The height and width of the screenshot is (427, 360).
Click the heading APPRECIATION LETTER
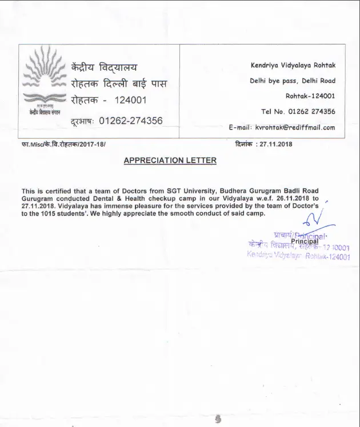point(170,160)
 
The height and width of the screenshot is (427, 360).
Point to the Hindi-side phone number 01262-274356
point(131,120)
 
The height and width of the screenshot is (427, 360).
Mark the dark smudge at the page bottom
point(217,419)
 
